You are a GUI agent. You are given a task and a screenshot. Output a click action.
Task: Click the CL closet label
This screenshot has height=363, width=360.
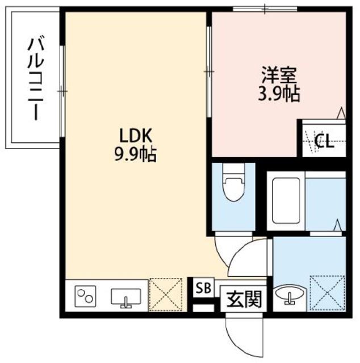(x=324, y=140)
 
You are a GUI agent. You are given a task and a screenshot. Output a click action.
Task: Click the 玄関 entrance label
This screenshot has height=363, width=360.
(x=245, y=298)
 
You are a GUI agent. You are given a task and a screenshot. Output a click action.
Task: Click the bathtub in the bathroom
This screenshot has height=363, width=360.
(x=286, y=201)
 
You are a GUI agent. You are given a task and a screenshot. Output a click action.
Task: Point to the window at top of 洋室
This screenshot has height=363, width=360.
(x=266, y=8)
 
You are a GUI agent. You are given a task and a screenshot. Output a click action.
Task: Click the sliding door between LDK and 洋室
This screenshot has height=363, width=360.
(x=209, y=70)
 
